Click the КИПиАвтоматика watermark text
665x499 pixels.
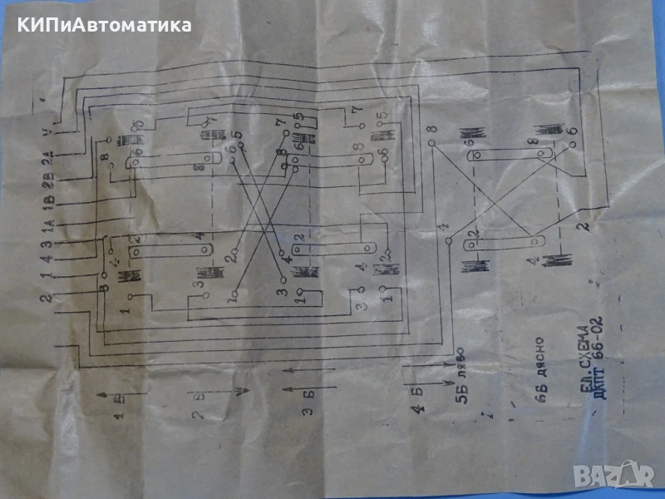pyautogui.click(x=101, y=25)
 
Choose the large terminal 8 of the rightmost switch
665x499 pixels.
pyautogui.click(x=432, y=129)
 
